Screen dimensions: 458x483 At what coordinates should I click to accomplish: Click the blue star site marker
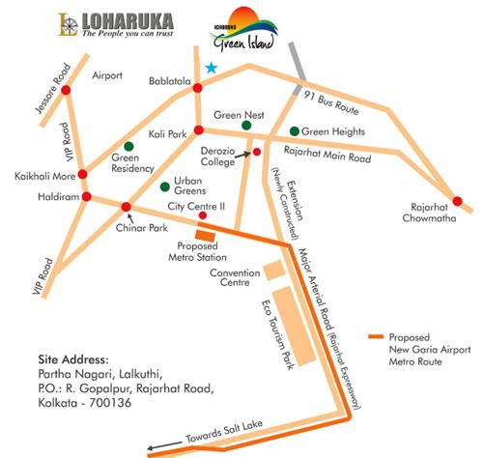[x=211, y=68]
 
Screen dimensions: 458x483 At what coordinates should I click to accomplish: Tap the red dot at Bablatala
[x=197, y=88]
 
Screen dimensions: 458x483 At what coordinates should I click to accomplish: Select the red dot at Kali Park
[x=198, y=129]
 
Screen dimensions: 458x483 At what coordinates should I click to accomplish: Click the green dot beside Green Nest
[x=248, y=126]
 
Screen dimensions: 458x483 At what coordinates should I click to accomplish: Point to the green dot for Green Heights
[x=294, y=130]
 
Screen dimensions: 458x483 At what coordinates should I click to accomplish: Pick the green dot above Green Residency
[x=128, y=146]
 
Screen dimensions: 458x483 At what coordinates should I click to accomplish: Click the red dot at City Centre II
[x=202, y=215]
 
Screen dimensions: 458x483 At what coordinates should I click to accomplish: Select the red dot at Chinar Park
[x=125, y=206]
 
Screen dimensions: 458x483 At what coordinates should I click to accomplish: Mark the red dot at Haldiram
[x=86, y=197]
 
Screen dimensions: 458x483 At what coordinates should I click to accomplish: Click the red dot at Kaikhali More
[x=82, y=174]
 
